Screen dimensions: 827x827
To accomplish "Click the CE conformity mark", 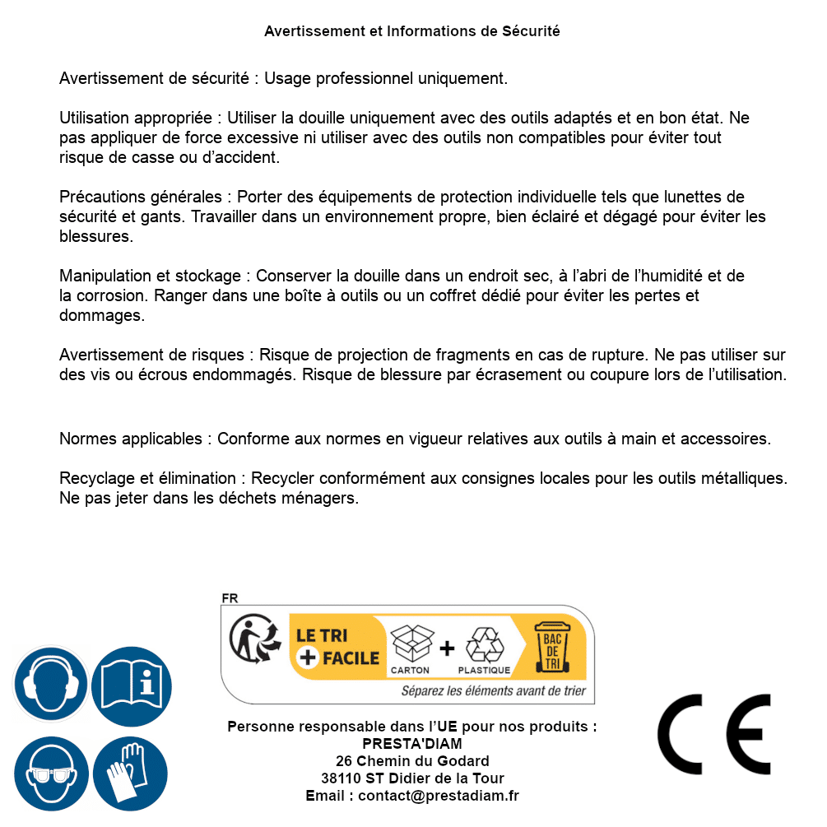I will pyautogui.click(x=714, y=734).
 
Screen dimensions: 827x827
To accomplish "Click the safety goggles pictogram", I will pyautogui.click(x=50, y=774).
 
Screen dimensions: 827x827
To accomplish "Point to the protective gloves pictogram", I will pyautogui.click(x=131, y=774).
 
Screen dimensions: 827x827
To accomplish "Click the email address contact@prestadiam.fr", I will pyautogui.click(x=439, y=796).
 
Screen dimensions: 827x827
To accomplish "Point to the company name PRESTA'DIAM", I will pyautogui.click(x=412, y=744).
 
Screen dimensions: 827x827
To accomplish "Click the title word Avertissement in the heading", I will pyautogui.click(x=313, y=31).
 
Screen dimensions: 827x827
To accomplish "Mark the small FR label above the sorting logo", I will pyautogui.click(x=230, y=598).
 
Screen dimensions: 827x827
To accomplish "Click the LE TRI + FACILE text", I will pyautogui.click(x=337, y=647).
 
